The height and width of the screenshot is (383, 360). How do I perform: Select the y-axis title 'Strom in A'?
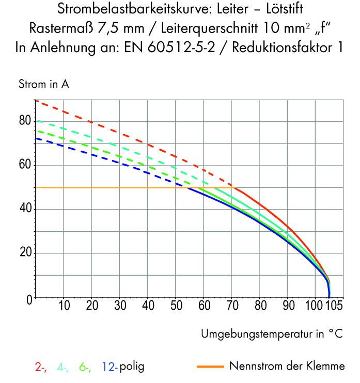pos(44,84)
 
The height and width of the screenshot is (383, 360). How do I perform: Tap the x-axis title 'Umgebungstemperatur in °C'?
pos(271,334)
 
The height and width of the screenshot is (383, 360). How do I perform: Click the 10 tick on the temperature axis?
pos(64,306)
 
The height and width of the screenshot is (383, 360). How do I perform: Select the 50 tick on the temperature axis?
pos(176,306)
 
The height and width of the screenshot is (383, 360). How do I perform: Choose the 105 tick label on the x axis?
pos(334,306)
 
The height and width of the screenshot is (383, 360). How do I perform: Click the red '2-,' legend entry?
pos(41,367)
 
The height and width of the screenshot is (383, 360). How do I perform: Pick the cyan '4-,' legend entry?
pos(63,367)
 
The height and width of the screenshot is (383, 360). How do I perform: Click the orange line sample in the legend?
pos(210,367)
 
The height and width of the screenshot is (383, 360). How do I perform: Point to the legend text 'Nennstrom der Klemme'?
pos(287,367)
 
